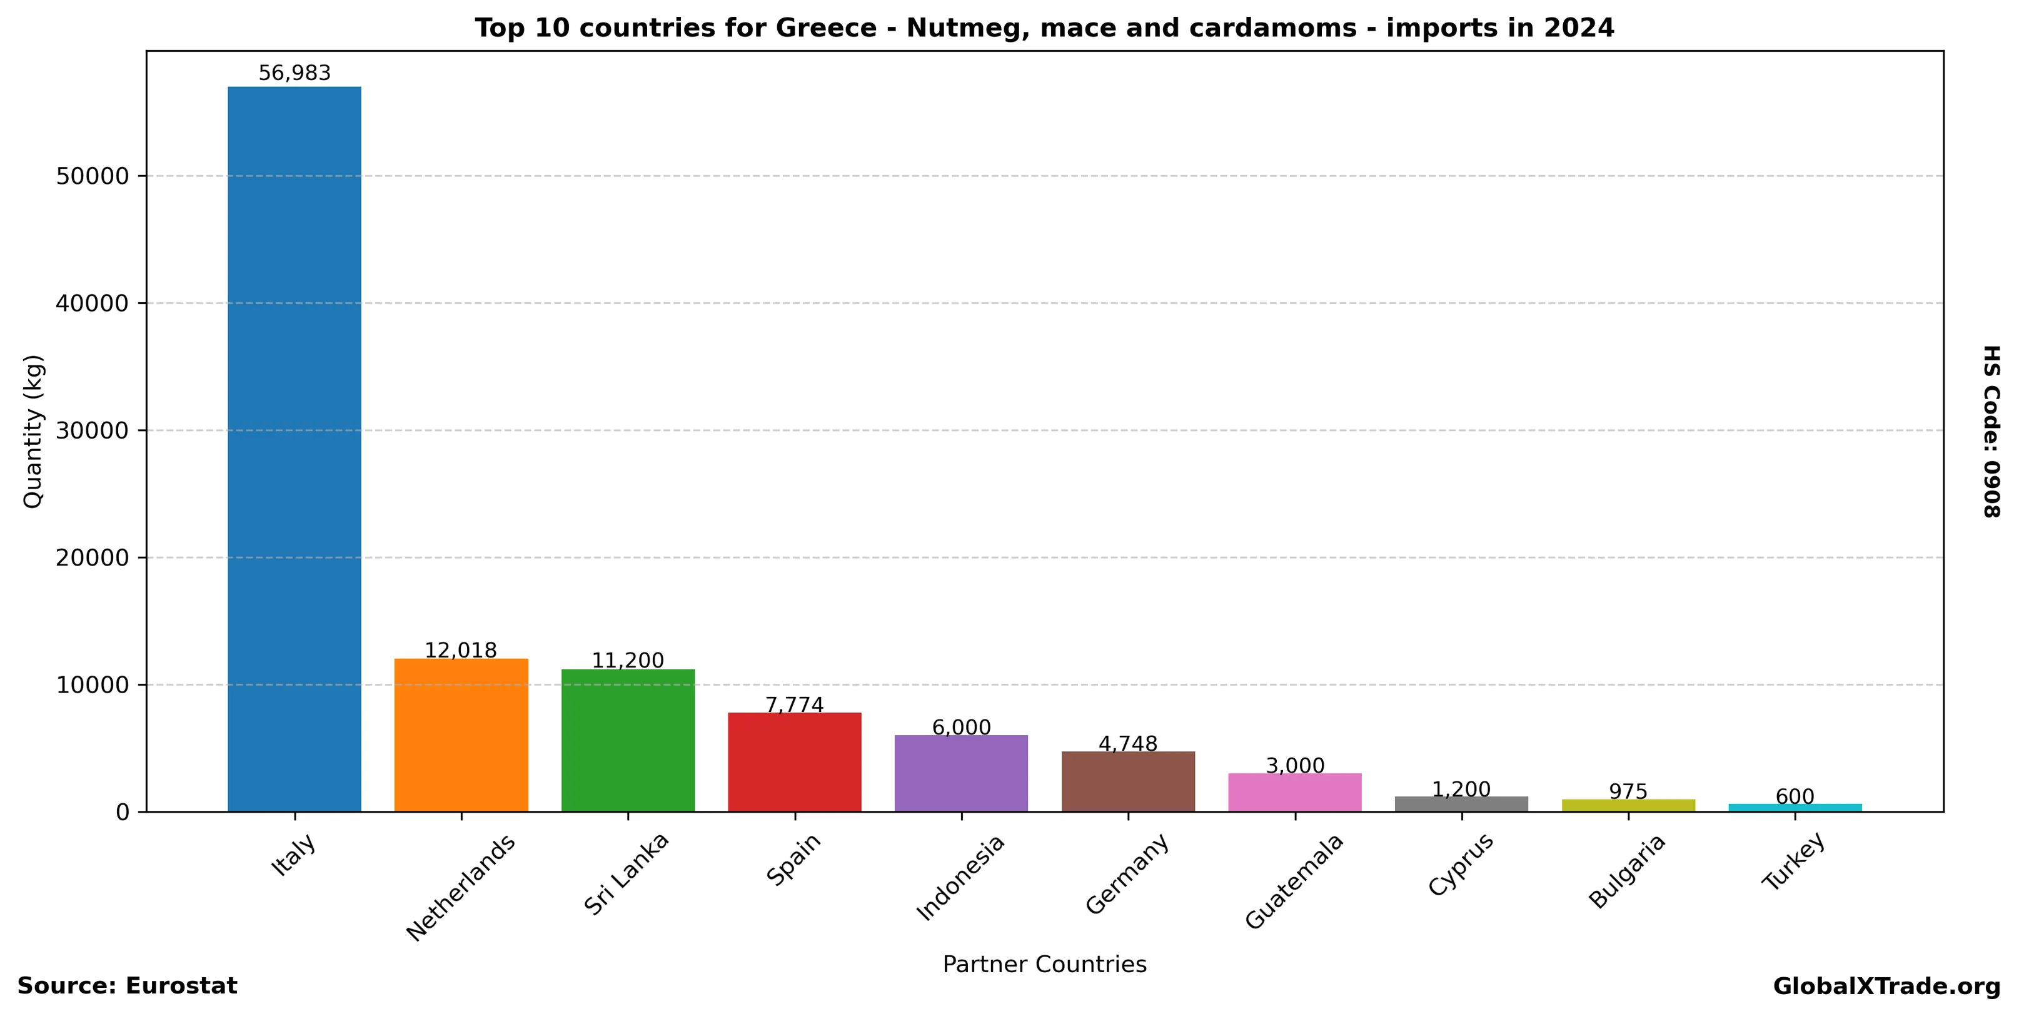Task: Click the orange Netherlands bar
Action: (x=461, y=734)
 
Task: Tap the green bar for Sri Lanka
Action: (x=628, y=740)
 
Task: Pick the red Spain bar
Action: (x=795, y=761)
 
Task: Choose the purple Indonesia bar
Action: (x=961, y=773)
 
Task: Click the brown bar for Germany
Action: (x=1128, y=781)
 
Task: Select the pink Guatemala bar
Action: (x=1295, y=792)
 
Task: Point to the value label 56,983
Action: (x=295, y=74)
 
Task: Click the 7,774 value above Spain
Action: (x=795, y=705)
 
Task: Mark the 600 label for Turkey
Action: (x=1795, y=796)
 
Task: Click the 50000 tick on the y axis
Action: (x=93, y=176)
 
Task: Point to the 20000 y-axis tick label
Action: (x=93, y=558)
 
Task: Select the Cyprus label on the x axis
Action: (x=1461, y=864)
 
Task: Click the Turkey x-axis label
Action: (x=1794, y=861)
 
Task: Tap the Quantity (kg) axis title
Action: (x=33, y=431)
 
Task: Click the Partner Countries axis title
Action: (x=1044, y=964)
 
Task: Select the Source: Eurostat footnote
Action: (x=127, y=986)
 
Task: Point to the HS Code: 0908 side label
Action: (x=1991, y=431)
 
